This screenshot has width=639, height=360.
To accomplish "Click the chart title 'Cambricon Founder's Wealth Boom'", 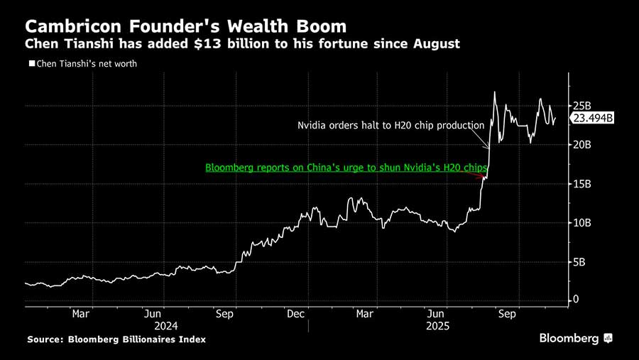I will (x=185, y=26).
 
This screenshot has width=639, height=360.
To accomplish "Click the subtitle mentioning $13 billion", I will (x=242, y=44).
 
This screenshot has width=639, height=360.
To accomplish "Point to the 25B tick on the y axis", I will (x=581, y=106).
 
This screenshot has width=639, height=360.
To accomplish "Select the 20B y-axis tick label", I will (x=581, y=145).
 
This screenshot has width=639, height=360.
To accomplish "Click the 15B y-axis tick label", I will (x=581, y=184).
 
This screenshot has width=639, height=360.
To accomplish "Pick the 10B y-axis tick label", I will (x=581, y=223).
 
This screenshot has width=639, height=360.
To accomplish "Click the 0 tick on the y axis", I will (x=576, y=300).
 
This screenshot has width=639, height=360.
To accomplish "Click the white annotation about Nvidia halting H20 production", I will (x=390, y=126).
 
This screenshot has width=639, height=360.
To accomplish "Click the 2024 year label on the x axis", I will (x=165, y=326).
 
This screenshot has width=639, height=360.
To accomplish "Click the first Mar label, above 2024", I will (x=81, y=313).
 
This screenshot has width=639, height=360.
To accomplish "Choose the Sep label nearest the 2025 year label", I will (x=506, y=313).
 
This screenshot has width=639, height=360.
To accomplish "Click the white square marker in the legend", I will (x=31, y=64).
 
